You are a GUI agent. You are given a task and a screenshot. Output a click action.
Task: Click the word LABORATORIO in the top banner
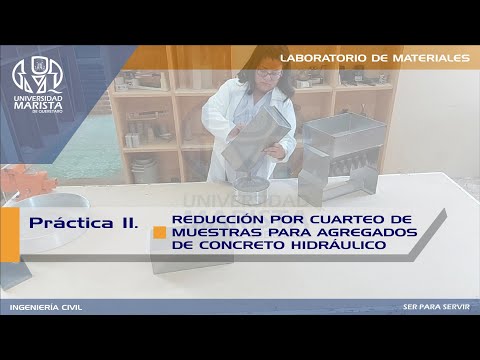pos(323,59)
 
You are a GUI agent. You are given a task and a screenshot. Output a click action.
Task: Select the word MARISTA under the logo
pos(37,105)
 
